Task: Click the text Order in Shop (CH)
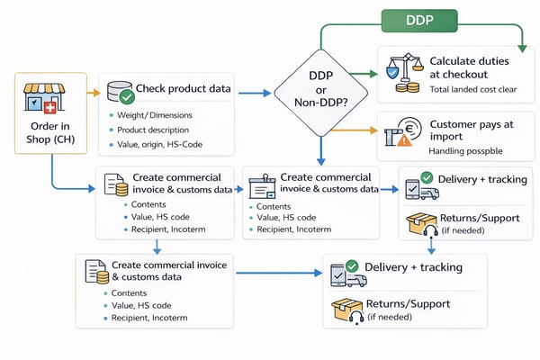click(51, 136)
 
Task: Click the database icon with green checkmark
click(121, 91)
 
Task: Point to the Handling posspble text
click(465, 152)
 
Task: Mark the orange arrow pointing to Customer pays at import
click(355, 130)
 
